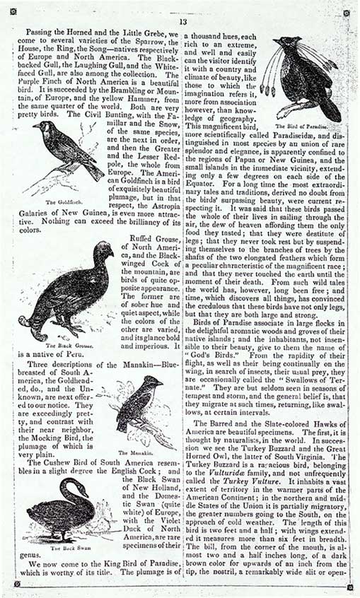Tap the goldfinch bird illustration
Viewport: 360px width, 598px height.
pyautogui.click(x=67, y=149)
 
